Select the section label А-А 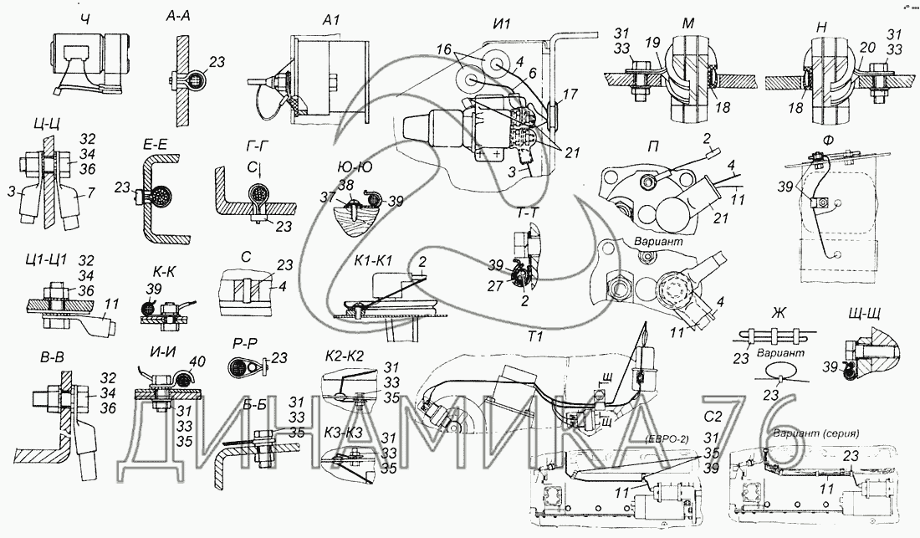pos(181,17)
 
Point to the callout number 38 pos(345,186)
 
